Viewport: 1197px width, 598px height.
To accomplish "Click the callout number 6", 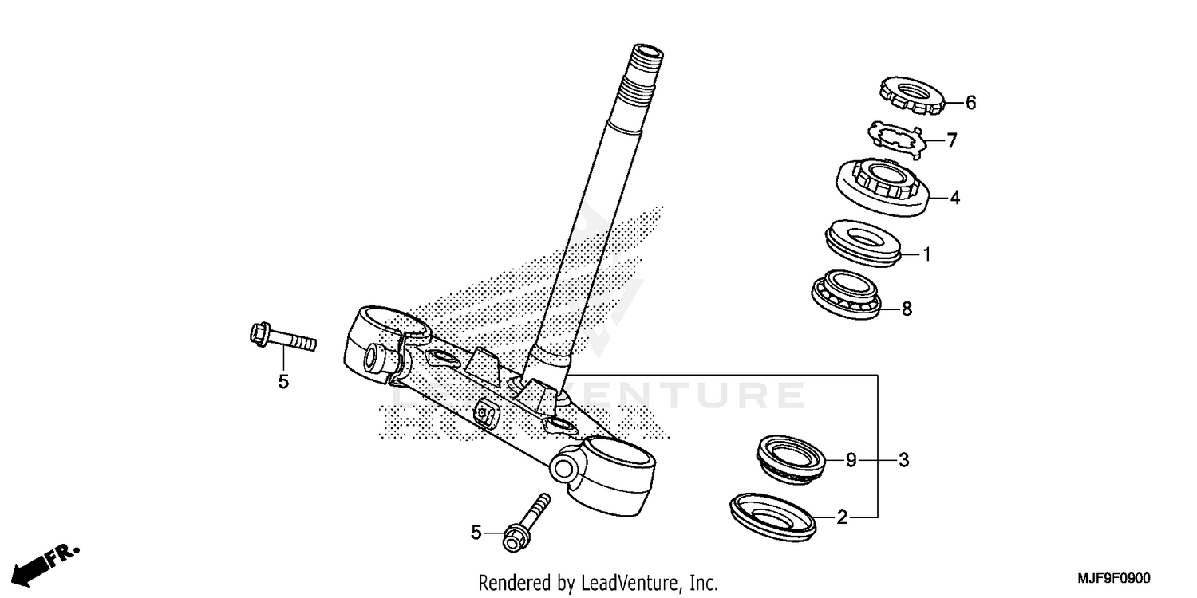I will pyautogui.click(x=970, y=103).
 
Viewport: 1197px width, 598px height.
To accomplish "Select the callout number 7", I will pyautogui.click(x=951, y=141).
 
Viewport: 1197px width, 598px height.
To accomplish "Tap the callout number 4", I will pyautogui.click(x=954, y=198).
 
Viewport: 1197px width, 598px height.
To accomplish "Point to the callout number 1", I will pyautogui.click(x=926, y=255).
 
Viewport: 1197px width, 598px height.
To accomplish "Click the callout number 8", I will pyautogui.click(x=906, y=309).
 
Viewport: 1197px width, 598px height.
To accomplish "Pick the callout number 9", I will pyautogui.click(x=851, y=460).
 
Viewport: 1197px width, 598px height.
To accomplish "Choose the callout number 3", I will pyautogui.click(x=903, y=460).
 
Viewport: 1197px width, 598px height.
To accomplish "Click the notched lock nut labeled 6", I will pyautogui.click(x=912, y=94).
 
